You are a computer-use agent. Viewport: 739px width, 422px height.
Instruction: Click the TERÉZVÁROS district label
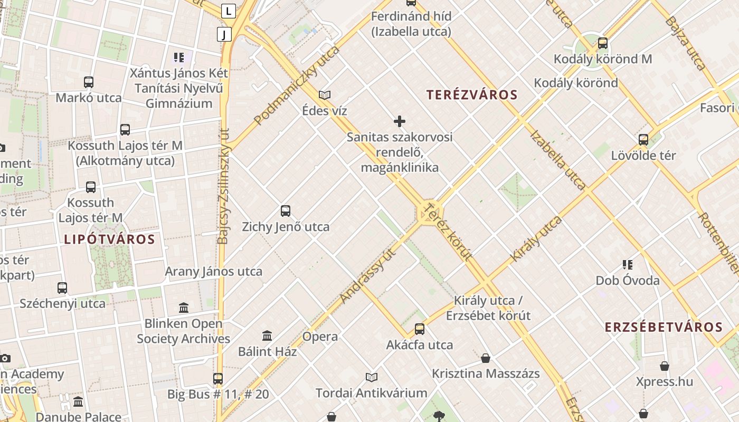tap(472, 95)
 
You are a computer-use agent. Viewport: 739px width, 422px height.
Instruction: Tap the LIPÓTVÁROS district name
tap(110, 239)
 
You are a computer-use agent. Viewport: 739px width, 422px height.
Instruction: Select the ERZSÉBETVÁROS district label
tap(664, 327)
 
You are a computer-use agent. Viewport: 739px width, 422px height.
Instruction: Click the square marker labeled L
tap(228, 11)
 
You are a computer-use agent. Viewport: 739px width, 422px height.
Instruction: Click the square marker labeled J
tap(224, 35)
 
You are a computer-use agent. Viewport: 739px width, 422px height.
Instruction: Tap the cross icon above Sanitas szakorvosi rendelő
tap(400, 122)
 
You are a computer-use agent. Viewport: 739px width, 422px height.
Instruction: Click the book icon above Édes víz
tap(325, 95)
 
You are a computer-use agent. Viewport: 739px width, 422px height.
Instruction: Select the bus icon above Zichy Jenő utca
tap(286, 211)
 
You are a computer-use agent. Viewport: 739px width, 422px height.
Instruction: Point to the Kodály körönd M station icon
tap(603, 43)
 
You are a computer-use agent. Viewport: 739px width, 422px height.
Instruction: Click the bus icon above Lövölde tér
tap(643, 140)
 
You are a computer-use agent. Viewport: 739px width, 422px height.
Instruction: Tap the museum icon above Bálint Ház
tap(267, 335)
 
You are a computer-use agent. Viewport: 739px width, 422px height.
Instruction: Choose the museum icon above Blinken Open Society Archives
tap(184, 308)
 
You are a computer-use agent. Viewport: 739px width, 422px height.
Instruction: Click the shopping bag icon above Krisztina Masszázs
tap(486, 358)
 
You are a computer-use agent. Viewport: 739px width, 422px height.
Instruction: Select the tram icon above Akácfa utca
tap(420, 329)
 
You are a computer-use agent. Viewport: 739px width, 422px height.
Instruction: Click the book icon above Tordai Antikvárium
tap(372, 377)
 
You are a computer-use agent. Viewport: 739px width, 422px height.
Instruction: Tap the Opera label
tap(320, 337)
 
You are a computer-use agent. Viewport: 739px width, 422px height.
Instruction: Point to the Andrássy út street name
tap(367, 277)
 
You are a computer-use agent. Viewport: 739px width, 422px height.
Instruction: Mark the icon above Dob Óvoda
tap(628, 264)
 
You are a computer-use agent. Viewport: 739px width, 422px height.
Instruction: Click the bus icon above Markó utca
tap(89, 82)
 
